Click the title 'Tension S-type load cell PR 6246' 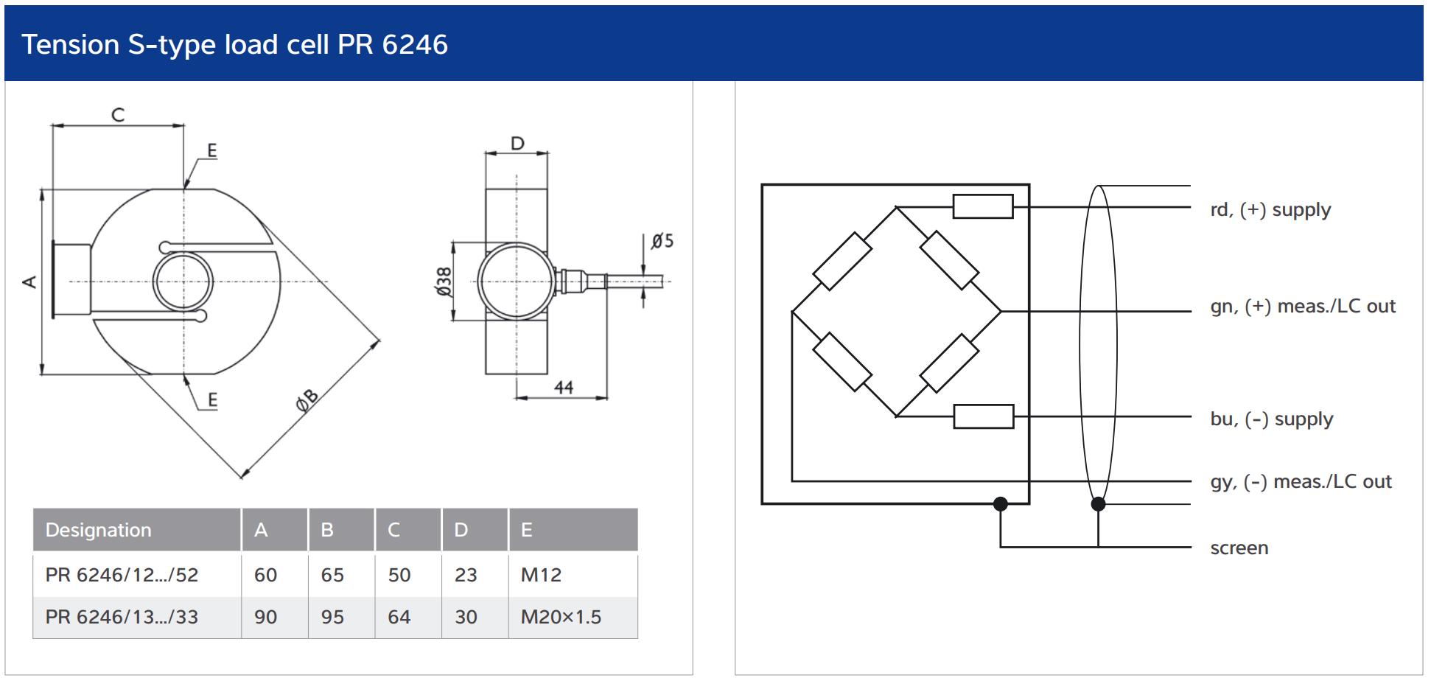[234, 45]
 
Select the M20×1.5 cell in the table [561, 617]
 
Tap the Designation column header [98, 530]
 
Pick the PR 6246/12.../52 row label [122, 575]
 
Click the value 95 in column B [332, 617]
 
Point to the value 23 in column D [466, 575]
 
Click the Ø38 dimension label [444, 282]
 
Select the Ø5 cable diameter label [662, 241]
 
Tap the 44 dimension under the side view [564, 387]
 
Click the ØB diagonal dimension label [307, 399]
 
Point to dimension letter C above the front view [118, 115]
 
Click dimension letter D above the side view [517, 143]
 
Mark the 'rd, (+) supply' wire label [1270, 210]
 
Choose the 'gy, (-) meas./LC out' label [1301, 482]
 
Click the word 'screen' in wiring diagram [1239, 548]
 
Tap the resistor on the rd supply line [983, 206]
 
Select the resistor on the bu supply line [984, 416]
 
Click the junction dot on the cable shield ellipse [1098, 504]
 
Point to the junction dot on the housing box [1000, 504]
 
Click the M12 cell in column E [541, 575]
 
